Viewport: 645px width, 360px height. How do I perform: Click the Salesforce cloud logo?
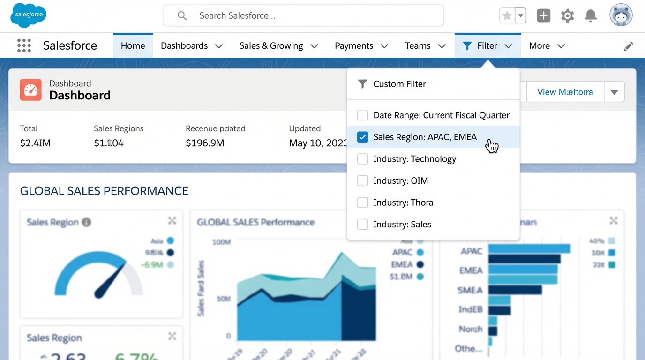click(x=28, y=15)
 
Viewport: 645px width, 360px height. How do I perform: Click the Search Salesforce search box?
click(x=303, y=15)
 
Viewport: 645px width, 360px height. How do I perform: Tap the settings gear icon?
click(x=567, y=15)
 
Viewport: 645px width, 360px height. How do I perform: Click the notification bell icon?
click(x=591, y=15)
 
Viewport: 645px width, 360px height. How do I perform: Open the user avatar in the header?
click(x=621, y=15)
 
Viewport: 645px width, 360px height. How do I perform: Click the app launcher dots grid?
click(x=24, y=45)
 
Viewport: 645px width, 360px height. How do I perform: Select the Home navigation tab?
click(x=133, y=45)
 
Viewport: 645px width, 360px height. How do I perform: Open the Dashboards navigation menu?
click(x=191, y=45)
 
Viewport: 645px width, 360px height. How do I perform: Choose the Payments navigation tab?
click(x=361, y=45)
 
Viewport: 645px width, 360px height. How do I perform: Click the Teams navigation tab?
click(x=425, y=45)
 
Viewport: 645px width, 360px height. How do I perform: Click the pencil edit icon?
click(x=628, y=46)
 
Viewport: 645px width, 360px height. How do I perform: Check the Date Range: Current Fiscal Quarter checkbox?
click(x=362, y=115)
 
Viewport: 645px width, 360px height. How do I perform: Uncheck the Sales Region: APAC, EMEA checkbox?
click(x=362, y=137)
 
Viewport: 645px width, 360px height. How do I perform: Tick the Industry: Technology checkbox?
click(x=362, y=159)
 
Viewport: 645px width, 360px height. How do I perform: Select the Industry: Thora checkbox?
click(x=362, y=202)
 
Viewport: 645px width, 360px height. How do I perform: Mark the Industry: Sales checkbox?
click(x=362, y=224)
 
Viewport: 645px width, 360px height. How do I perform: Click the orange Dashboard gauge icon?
click(x=30, y=90)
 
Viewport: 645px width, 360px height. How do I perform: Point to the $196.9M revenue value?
click(x=205, y=143)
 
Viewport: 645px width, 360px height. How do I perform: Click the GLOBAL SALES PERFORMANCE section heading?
click(x=104, y=191)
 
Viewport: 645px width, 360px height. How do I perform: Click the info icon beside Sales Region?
click(x=86, y=222)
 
